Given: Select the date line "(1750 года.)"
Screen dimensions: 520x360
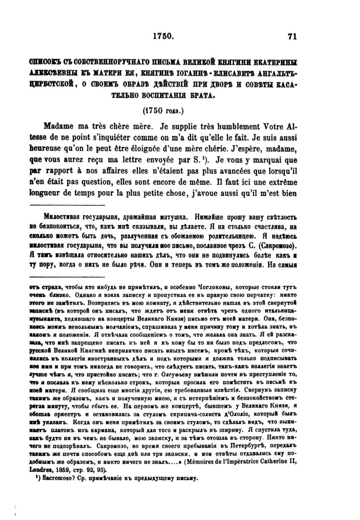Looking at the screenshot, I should pyautogui.click(x=163, y=111).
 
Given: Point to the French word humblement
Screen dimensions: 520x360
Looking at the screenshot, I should pyautogui.click(x=232, y=127).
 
